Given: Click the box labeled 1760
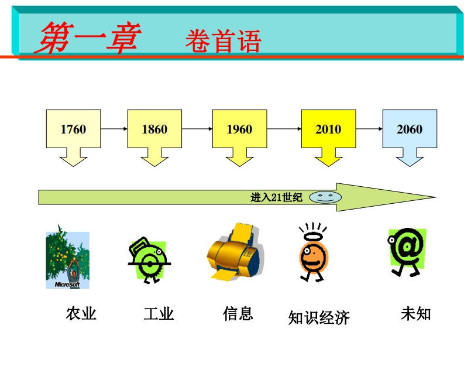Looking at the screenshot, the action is (x=73, y=129).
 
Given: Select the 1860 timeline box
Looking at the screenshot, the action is (x=154, y=129).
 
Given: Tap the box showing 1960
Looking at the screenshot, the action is (x=239, y=129).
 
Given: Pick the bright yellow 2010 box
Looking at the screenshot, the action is (x=328, y=129).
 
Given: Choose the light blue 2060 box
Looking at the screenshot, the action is (x=409, y=129).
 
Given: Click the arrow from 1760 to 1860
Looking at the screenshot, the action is (x=114, y=128).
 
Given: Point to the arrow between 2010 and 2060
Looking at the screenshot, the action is (x=369, y=128).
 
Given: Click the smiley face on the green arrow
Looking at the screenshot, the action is (x=322, y=197).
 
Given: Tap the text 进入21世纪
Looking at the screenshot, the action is (x=276, y=197).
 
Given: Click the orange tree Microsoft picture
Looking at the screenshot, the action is (x=68, y=259).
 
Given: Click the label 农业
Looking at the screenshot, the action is (x=81, y=314).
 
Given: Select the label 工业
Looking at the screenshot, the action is (x=159, y=314).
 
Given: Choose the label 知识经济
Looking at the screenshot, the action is (x=319, y=318).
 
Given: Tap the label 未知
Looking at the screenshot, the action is (x=415, y=314).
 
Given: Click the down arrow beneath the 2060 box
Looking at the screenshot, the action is (x=410, y=156).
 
